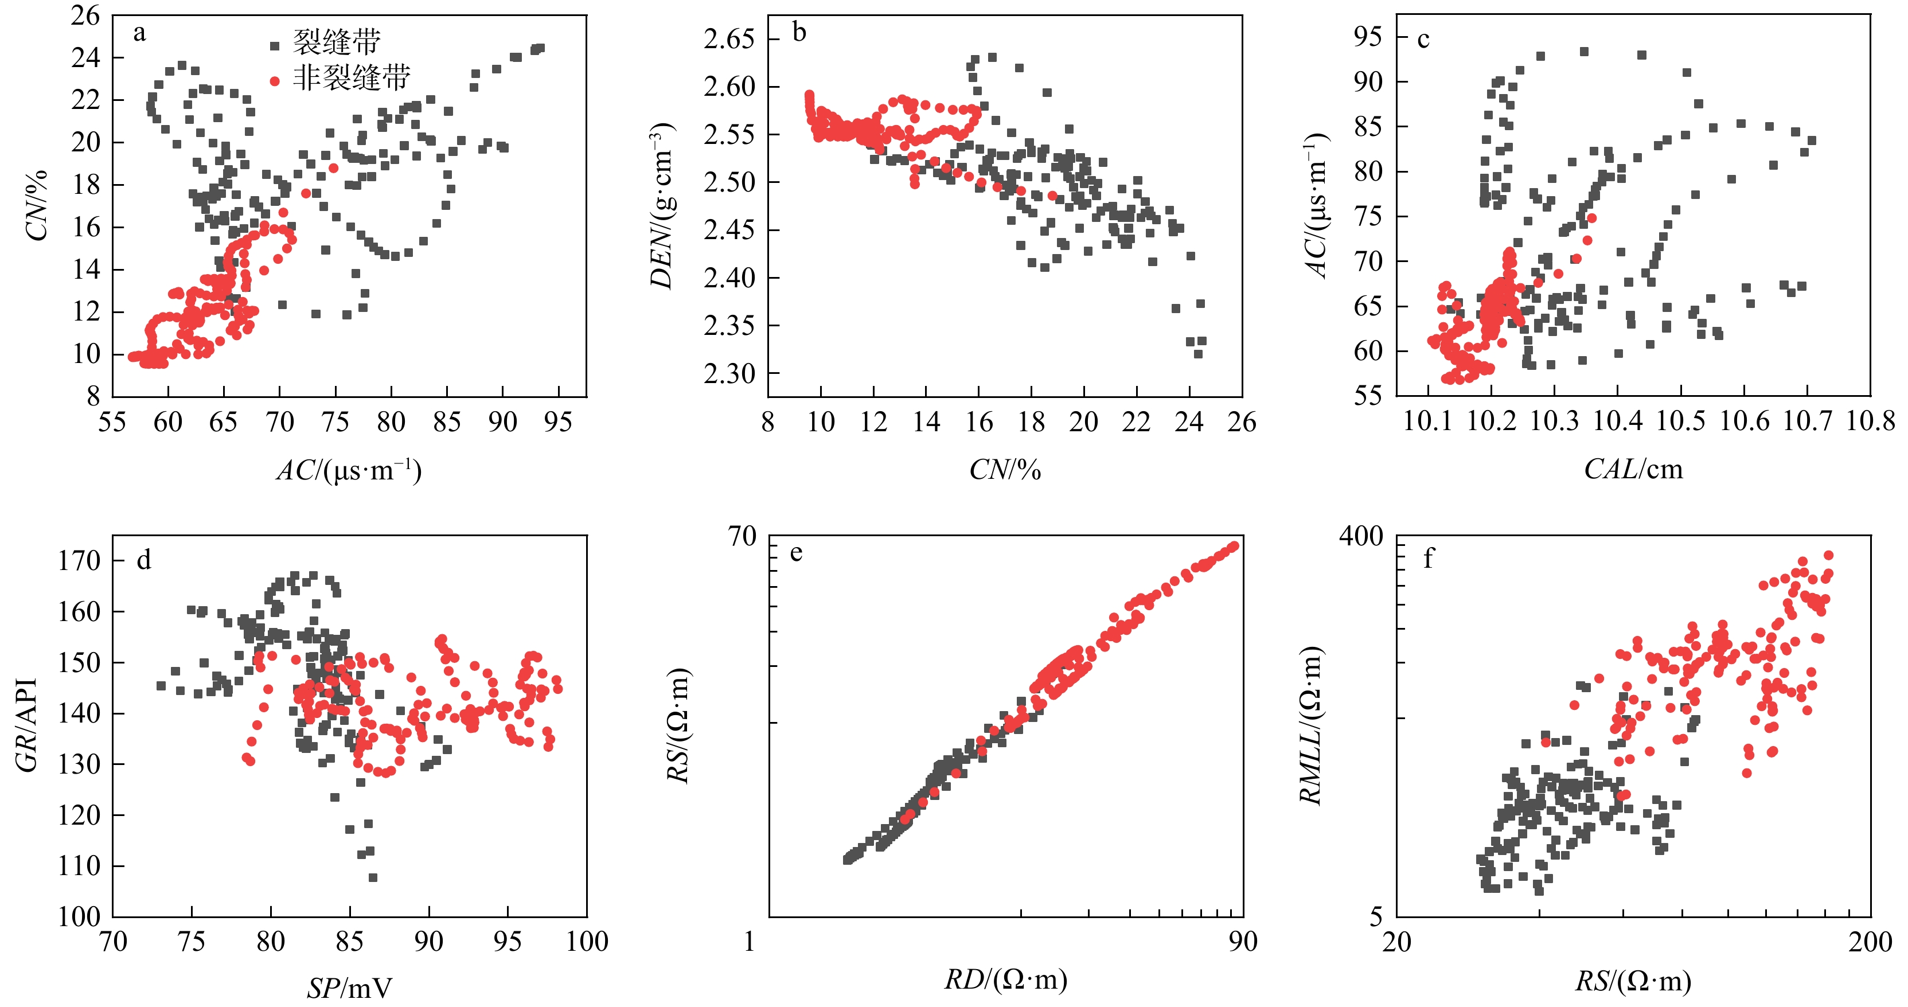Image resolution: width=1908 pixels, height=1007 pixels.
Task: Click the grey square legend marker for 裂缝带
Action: point(275,46)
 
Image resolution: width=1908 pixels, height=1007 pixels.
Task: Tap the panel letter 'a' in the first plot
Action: point(139,33)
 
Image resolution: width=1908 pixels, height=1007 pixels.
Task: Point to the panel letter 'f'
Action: point(1428,559)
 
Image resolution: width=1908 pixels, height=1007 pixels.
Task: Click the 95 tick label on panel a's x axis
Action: point(558,422)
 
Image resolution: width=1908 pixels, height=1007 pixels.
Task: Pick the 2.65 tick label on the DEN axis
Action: point(729,38)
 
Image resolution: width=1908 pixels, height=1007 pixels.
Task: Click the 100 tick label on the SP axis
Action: point(587,942)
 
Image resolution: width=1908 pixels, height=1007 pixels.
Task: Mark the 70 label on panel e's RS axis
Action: point(742,536)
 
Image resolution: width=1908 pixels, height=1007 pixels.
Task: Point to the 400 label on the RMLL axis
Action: point(1361,536)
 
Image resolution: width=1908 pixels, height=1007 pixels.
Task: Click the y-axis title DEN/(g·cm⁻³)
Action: point(661,206)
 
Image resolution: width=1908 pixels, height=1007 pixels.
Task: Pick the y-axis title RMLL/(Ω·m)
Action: point(1311,725)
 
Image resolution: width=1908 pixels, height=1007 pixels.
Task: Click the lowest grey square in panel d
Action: point(373,877)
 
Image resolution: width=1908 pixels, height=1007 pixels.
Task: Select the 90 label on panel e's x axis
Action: point(1243,942)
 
